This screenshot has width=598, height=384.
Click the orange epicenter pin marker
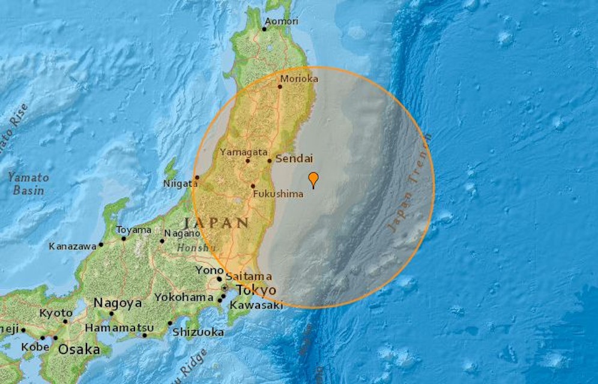pyautogui.click(x=313, y=179)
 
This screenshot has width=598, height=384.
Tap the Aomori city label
pyautogui.click(x=283, y=21)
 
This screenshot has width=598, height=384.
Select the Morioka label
pyautogui.click(x=299, y=79)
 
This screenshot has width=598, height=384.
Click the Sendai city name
pyautogui.click(x=295, y=159)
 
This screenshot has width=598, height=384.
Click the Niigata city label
pyautogui.click(x=180, y=184)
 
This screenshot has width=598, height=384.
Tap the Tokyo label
pyautogui.click(x=256, y=290)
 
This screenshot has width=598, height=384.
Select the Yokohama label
pyautogui.click(x=184, y=297)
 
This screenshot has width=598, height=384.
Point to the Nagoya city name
pyautogui.click(x=118, y=304)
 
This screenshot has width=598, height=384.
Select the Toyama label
pyautogui.click(x=133, y=230)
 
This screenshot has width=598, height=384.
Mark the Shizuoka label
pyautogui.click(x=198, y=332)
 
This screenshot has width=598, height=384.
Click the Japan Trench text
pyautogui.click(x=409, y=183)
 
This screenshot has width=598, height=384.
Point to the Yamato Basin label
pyautogui.click(x=28, y=184)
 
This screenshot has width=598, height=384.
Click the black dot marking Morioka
pyautogui.click(x=280, y=86)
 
